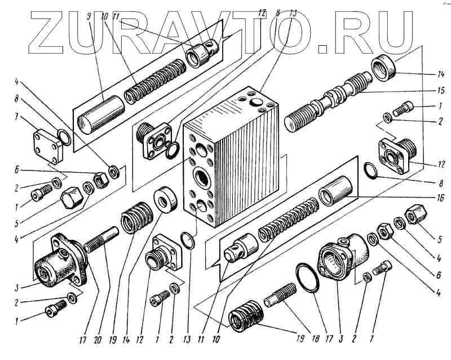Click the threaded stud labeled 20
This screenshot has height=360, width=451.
pyautogui.click(x=102, y=240)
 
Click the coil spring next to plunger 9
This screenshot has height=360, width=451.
pyautogui.click(x=154, y=86)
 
